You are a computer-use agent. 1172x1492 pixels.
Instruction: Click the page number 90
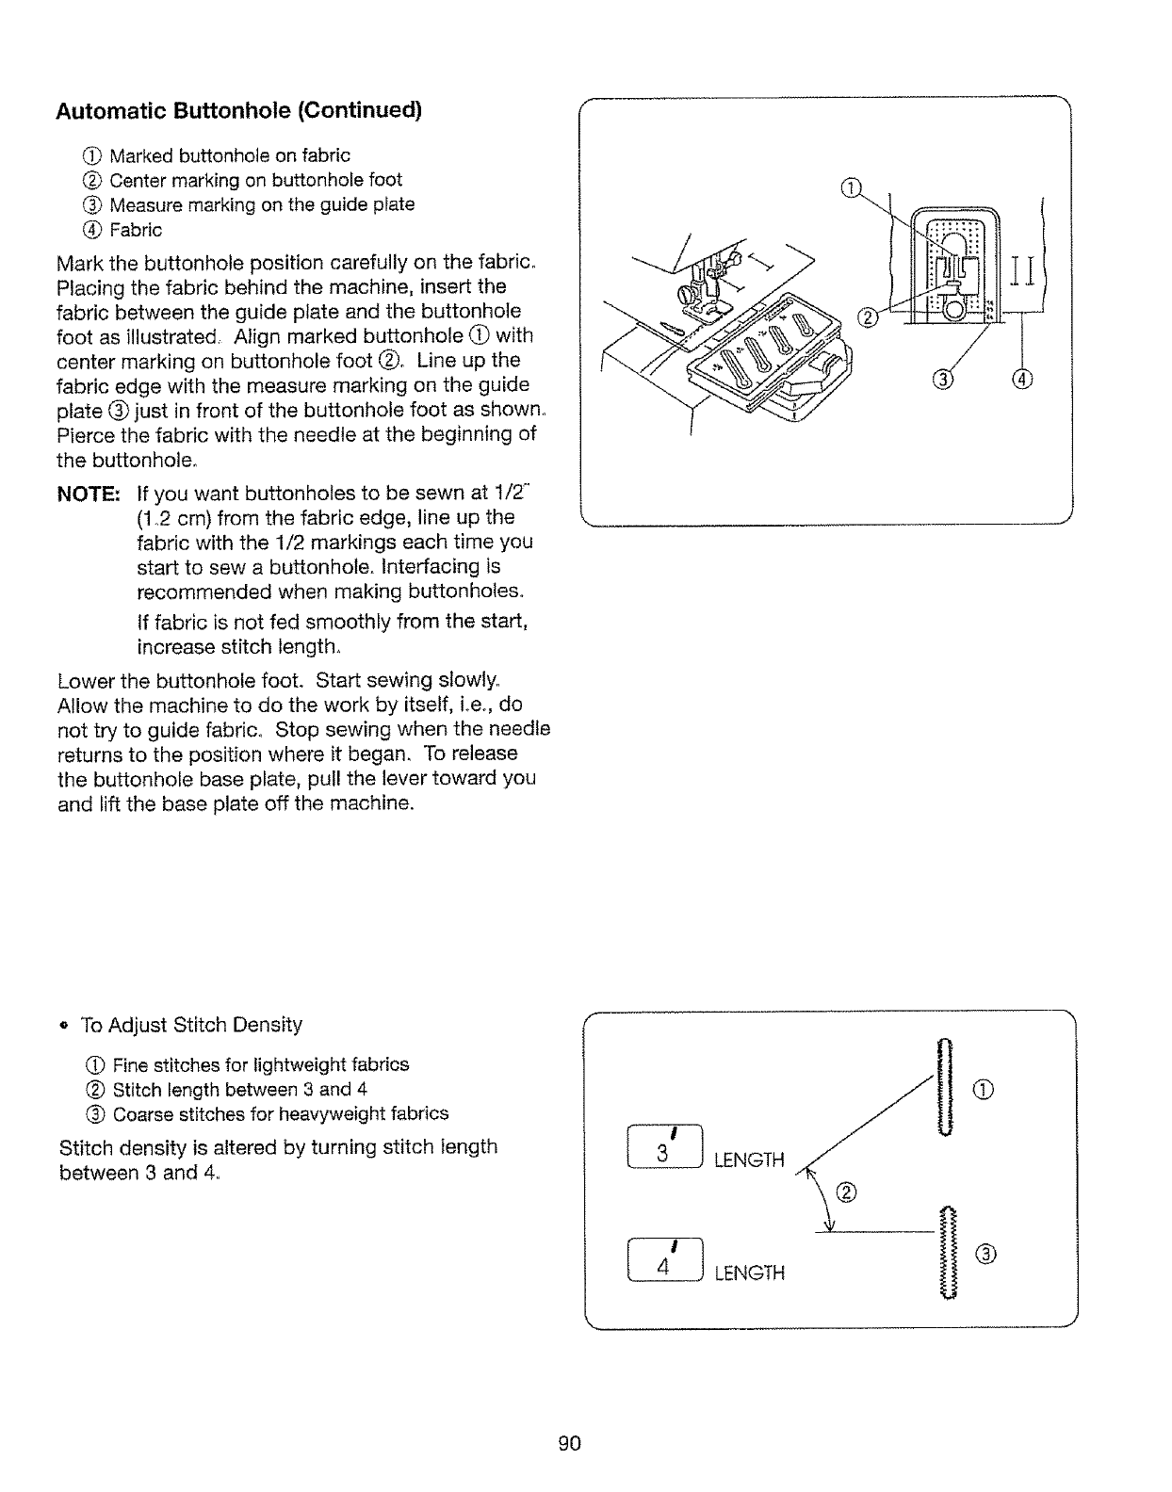click(569, 1443)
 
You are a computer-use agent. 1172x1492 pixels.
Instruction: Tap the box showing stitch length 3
click(663, 1146)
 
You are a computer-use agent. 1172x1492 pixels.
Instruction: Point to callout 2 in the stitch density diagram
click(845, 1195)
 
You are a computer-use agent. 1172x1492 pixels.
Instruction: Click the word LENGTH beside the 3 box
click(749, 1160)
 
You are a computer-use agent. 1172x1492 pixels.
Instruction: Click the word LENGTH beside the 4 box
click(749, 1273)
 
